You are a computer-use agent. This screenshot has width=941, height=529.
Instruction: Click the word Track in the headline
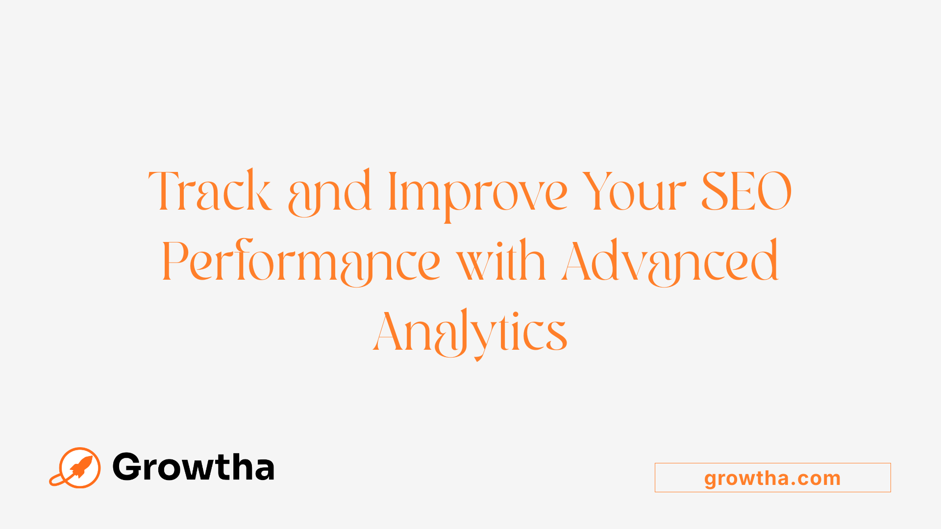point(210,191)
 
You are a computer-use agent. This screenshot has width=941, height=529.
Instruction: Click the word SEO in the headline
point(746,191)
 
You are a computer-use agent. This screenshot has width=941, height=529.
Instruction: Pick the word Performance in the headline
point(301,262)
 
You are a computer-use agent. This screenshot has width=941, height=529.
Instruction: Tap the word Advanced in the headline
point(670,262)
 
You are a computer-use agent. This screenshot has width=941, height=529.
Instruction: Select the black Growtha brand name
point(193,467)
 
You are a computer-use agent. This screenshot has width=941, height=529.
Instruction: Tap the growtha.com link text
point(772,478)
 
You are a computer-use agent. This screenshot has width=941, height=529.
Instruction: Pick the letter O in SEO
point(774,191)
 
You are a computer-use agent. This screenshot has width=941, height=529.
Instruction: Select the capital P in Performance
point(175,261)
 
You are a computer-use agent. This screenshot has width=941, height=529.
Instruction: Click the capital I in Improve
point(392,191)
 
